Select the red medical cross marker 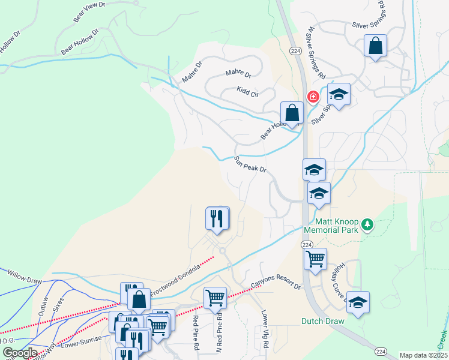[x=313, y=97]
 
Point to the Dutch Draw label [x=323, y=321]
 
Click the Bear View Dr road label [x=89, y=13]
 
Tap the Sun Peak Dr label [x=250, y=166]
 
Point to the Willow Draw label [x=23, y=275]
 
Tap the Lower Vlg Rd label [x=265, y=323]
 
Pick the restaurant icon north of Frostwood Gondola [x=217, y=218]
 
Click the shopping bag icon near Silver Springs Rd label [x=375, y=46]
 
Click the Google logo [x=20, y=353]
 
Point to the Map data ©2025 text [x=423, y=355]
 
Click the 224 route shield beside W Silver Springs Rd [x=295, y=50]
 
